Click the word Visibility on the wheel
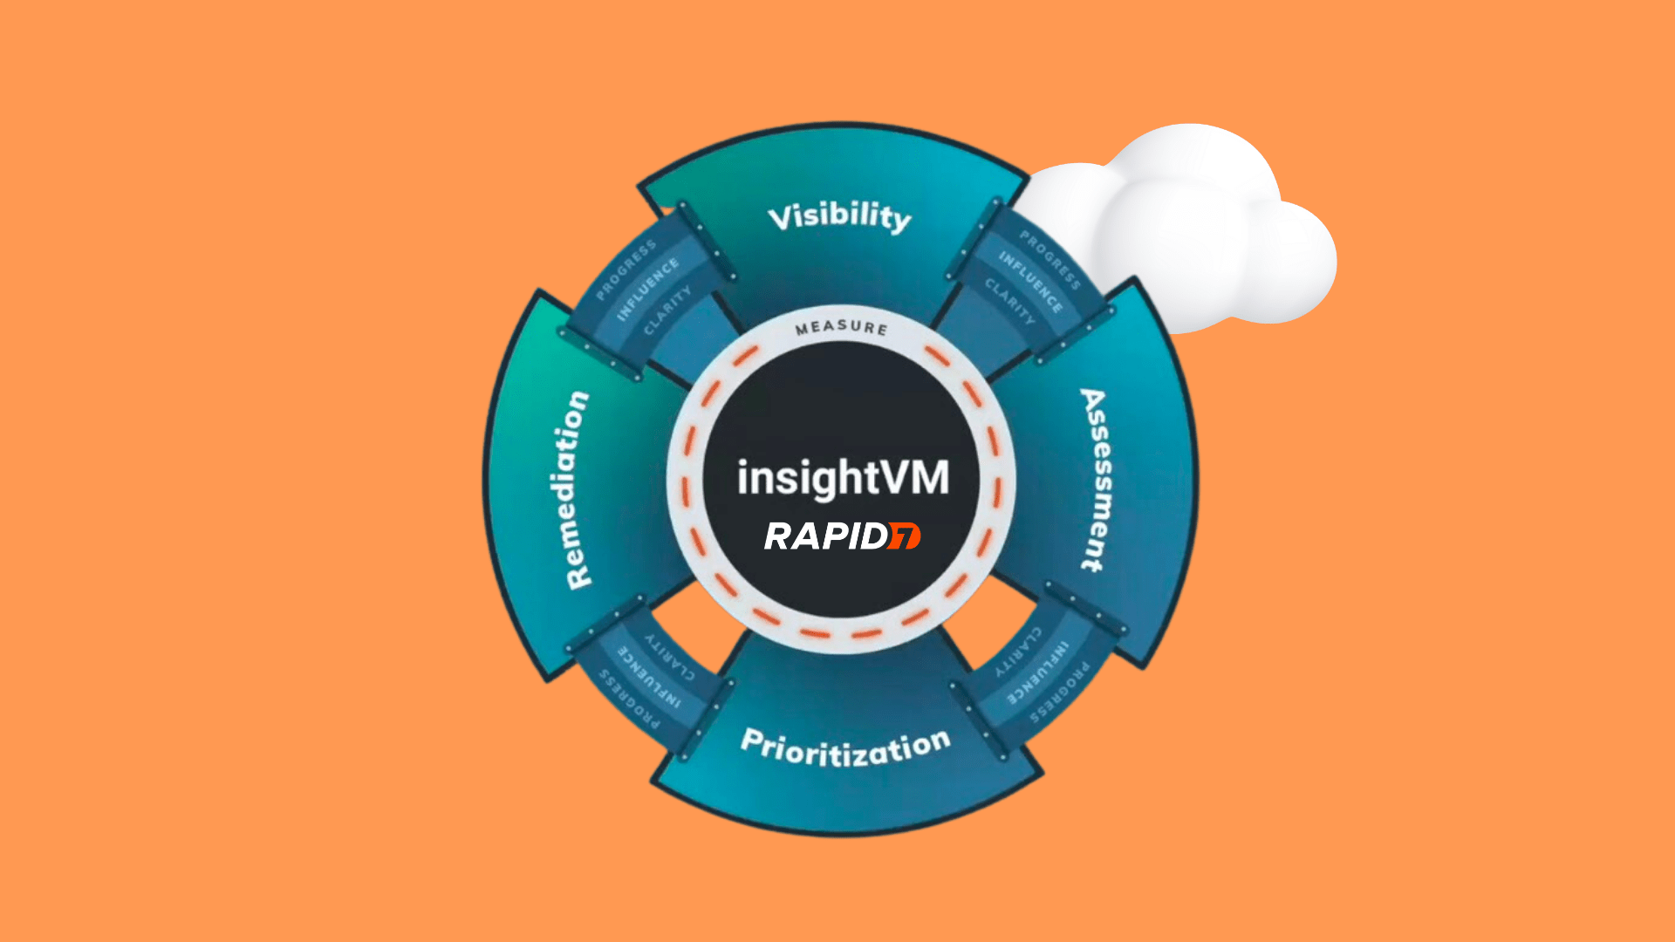pos(839,216)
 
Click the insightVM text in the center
pos(843,478)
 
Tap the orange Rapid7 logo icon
pos(904,536)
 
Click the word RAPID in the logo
pos(825,536)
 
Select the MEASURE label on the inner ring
pos(841,328)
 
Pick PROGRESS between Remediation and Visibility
pos(626,271)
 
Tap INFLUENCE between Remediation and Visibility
pos(647,290)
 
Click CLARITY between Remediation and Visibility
pos(667,311)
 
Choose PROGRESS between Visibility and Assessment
pos(1050,260)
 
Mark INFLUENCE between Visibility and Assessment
pos(1030,282)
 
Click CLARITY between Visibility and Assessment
pos(1009,302)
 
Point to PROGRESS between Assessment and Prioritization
pos(1060,693)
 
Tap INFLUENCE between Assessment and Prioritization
pos(1037,672)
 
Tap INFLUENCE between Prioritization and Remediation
pos(649,677)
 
